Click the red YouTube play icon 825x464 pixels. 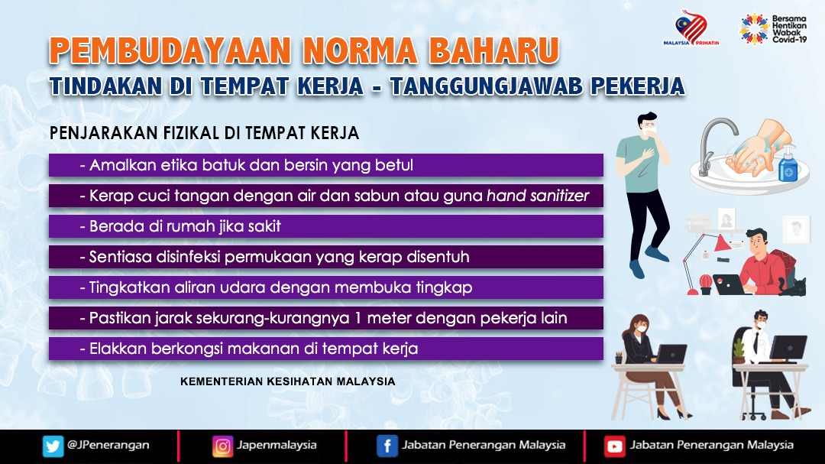click(x=614, y=446)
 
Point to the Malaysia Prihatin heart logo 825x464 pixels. click(x=691, y=28)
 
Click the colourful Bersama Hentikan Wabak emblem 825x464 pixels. click(x=754, y=28)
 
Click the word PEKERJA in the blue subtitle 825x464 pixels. click(x=637, y=86)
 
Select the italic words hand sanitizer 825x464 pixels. click(x=537, y=196)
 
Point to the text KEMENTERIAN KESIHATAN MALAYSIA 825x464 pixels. click(x=287, y=381)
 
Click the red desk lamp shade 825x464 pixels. click(x=722, y=242)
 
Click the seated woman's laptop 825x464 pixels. click(x=670, y=354)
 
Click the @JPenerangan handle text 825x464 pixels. click(x=108, y=445)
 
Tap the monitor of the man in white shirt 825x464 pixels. click(x=788, y=348)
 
